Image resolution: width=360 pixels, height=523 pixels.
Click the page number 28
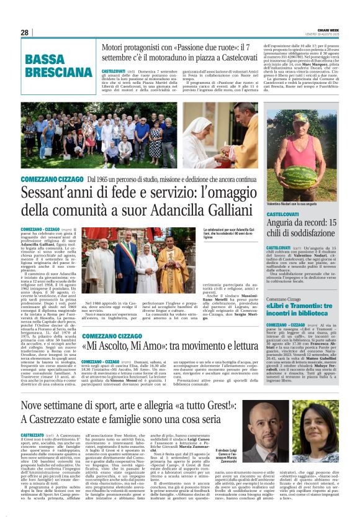point(24,32)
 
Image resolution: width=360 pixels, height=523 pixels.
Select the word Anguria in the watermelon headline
point(285,222)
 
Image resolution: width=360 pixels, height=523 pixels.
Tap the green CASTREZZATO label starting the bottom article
point(32,436)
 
